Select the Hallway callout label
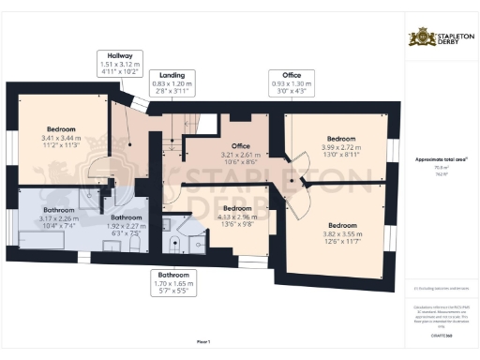[118, 63]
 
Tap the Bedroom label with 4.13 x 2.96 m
[237, 217]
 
